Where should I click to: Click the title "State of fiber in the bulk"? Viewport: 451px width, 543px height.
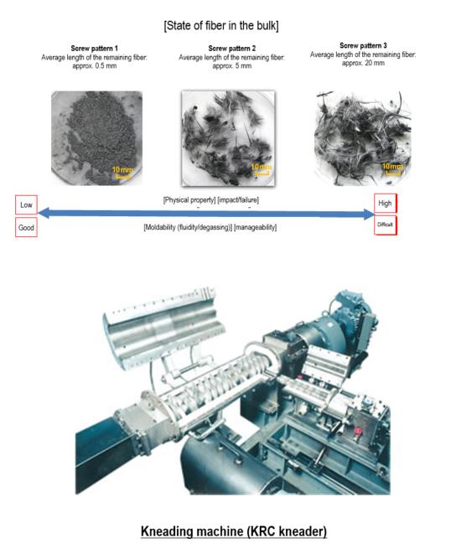221,26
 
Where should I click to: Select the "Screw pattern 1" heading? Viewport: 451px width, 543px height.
94,49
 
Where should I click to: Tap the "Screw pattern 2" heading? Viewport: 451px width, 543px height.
231,49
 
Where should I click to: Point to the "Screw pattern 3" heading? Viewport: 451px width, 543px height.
363,46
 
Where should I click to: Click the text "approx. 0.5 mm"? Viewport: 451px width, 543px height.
94,66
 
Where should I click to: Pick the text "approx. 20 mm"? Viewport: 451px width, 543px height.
363,63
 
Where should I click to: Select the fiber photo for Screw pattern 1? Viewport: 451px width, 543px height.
96,137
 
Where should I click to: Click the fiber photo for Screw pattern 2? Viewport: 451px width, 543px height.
228,138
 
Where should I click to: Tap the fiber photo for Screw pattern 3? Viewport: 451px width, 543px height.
363,138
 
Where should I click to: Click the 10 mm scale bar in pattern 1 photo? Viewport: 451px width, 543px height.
122,178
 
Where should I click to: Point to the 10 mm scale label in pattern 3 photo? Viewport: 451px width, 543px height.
391,167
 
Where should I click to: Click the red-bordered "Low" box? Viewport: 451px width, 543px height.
26,204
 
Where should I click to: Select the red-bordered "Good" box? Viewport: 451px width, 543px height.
26,228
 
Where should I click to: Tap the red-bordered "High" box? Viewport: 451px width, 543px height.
385,204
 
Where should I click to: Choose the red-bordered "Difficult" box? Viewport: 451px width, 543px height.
385,225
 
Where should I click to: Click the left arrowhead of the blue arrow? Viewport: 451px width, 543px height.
43,213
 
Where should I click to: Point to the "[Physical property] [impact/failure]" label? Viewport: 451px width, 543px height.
211,200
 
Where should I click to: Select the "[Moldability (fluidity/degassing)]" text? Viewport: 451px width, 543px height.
188,228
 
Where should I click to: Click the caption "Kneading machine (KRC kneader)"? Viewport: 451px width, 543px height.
234,531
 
